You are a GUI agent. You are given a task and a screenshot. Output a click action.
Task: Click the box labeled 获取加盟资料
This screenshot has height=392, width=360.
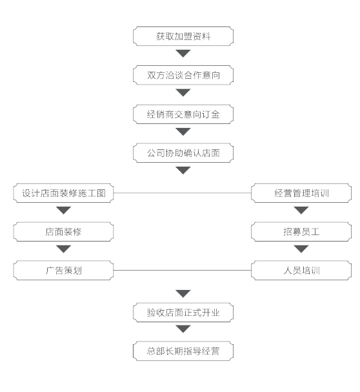(x=183, y=36)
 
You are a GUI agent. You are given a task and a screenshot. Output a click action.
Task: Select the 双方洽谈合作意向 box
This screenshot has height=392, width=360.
(x=183, y=75)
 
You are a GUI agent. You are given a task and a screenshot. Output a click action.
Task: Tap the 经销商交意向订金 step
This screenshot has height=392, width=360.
(x=183, y=114)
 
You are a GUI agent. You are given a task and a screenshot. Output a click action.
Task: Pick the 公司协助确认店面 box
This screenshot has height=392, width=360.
(x=183, y=153)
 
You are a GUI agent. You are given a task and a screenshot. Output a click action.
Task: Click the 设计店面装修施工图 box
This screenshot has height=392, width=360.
(x=63, y=193)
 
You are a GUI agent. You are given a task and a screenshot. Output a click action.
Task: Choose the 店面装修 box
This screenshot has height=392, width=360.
(x=63, y=232)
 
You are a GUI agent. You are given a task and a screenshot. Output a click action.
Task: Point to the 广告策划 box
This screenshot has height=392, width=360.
(x=63, y=270)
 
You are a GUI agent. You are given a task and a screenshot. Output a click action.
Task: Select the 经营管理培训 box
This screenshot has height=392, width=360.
(x=301, y=193)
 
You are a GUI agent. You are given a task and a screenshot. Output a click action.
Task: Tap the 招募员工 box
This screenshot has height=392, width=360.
(x=301, y=232)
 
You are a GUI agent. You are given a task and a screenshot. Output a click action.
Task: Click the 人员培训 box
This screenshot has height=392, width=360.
(x=301, y=270)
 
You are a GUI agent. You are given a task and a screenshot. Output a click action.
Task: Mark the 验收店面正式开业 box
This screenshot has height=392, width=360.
(x=183, y=313)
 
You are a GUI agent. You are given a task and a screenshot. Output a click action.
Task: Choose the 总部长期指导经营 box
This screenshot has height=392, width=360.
(x=183, y=351)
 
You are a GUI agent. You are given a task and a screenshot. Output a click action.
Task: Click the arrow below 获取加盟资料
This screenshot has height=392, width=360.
(x=183, y=53)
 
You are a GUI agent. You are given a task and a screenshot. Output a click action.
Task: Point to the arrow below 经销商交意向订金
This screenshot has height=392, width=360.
(x=183, y=132)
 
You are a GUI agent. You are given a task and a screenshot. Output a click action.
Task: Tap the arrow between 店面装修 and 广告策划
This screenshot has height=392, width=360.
(x=63, y=249)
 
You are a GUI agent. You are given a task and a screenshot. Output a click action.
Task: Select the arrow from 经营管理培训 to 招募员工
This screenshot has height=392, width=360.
(x=301, y=211)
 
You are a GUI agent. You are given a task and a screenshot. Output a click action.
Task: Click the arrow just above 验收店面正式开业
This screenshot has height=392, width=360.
(x=183, y=294)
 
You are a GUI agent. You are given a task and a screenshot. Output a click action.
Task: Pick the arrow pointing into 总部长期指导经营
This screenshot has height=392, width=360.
(x=183, y=329)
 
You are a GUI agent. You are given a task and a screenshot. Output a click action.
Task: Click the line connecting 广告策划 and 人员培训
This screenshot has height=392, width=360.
(x=183, y=270)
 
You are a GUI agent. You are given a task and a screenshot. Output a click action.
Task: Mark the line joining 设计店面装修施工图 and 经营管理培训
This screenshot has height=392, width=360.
(x=183, y=193)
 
